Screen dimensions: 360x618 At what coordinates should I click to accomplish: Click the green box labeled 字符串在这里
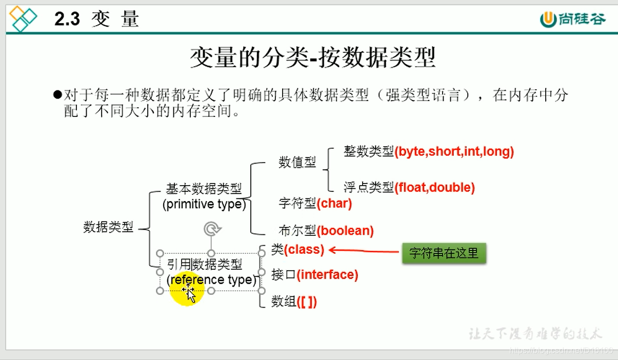(x=444, y=253)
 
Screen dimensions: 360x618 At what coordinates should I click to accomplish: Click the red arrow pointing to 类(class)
(x=364, y=250)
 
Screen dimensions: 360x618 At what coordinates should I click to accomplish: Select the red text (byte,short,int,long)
(x=454, y=152)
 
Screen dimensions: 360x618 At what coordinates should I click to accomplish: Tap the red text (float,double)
(x=435, y=188)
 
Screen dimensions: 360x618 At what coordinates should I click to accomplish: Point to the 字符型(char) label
(x=315, y=204)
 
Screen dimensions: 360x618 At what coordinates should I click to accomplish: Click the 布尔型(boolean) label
(x=326, y=231)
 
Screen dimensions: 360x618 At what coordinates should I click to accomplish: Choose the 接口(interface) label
(x=314, y=275)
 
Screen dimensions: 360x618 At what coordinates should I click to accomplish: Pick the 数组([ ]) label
(x=294, y=302)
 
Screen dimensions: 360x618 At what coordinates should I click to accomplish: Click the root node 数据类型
(x=108, y=227)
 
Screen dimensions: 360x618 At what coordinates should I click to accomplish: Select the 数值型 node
(x=297, y=163)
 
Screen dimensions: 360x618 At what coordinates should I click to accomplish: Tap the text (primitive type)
(x=204, y=205)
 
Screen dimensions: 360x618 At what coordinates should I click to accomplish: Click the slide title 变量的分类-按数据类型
(x=313, y=57)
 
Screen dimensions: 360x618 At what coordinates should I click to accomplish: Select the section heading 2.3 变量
(x=96, y=19)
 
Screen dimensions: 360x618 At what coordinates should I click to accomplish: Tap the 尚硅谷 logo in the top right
(x=572, y=19)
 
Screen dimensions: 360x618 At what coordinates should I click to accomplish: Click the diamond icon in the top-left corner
(x=24, y=18)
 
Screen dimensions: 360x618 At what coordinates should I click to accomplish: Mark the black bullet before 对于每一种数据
(x=57, y=95)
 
